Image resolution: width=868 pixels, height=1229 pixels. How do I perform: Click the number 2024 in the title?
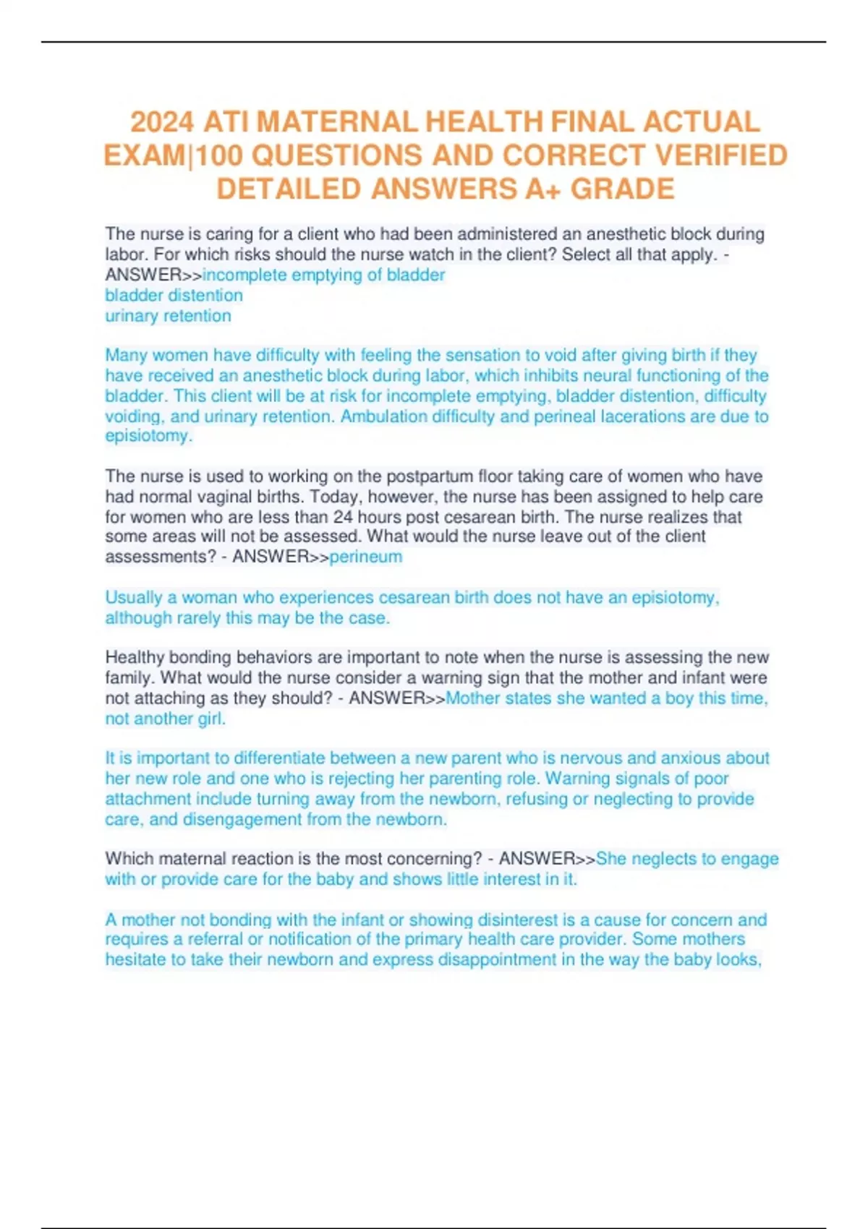point(161,121)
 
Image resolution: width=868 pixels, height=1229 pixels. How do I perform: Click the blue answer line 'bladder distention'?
point(174,295)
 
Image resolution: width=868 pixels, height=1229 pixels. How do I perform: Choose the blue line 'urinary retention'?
point(168,316)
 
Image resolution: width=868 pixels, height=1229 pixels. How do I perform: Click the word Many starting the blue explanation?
point(125,356)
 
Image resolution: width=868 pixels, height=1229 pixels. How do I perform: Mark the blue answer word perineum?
point(366,557)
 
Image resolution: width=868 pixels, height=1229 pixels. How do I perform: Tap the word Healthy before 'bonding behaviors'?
point(133,657)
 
